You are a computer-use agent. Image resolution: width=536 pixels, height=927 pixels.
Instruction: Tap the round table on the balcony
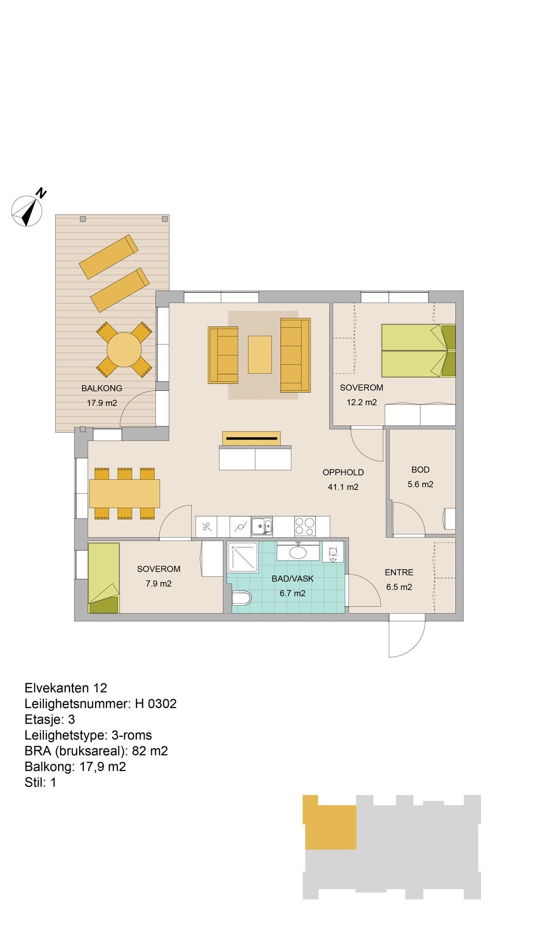point(124,349)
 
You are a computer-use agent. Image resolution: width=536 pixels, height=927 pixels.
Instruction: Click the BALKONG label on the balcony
point(102,388)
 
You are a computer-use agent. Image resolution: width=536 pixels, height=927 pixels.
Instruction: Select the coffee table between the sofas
point(260,354)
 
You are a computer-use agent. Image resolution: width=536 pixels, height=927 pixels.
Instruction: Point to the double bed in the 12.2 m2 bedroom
point(418,350)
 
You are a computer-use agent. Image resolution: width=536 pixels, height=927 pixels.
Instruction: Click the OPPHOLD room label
point(343,472)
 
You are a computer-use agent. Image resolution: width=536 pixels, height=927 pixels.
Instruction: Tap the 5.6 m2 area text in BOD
point(420,484)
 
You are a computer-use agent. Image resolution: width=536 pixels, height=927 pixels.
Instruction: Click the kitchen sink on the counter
point(262,526)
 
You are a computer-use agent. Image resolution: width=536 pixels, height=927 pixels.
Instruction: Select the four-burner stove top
point(305,526)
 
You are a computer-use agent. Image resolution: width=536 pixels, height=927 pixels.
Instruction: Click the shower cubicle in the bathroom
point(244,557)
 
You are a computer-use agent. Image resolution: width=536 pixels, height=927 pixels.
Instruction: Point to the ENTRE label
point(399,572)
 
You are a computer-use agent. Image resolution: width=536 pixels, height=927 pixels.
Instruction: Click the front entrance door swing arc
point(415,646)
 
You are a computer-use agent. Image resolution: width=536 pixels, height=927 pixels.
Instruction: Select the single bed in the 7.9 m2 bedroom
point(104,578)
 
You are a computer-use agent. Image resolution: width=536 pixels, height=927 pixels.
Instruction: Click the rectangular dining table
point(124,493)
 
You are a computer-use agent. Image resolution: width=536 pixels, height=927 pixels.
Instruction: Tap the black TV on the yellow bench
point(252,439)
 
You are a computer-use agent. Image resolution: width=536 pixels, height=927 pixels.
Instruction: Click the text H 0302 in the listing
point(156,703)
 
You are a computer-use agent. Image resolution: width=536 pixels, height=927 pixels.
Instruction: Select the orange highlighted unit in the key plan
point(329,822)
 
